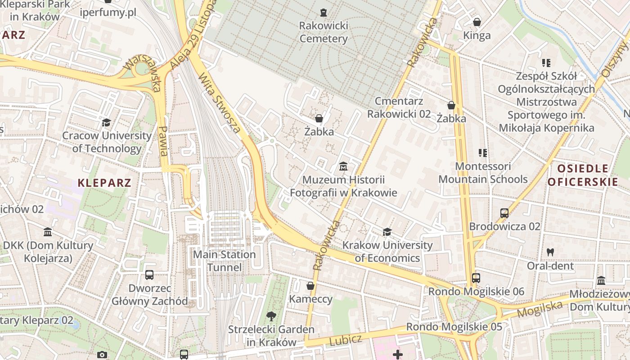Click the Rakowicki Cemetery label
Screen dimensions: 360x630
[x=324, y=32]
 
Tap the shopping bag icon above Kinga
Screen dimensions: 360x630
[x=477, y=22]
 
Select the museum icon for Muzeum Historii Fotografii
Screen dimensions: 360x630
[x=343, y=166]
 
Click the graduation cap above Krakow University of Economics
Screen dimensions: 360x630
[x=387, y=232]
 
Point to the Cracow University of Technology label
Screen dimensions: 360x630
[x=107, y=142]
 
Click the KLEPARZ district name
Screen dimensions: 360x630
[x=104, y=183]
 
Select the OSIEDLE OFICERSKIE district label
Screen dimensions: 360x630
[x=583, y=175]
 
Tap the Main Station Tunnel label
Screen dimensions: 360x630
[x=225, y=261]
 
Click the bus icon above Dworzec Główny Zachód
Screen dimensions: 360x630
[x=149, y=274]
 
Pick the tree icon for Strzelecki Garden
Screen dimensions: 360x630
[x=271, y=316]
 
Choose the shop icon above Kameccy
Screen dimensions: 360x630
[x=310, y=286]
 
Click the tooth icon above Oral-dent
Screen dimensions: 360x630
[x=550, y=252]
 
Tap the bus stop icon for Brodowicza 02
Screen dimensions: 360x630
[x=504, y=213]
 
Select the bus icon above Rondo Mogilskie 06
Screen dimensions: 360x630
[x=476, y=278]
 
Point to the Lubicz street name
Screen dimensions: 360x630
[x=346, y=340]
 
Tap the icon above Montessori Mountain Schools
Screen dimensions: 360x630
[x=483, y=153]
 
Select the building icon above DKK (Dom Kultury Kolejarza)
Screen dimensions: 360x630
[x=48, y=232]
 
